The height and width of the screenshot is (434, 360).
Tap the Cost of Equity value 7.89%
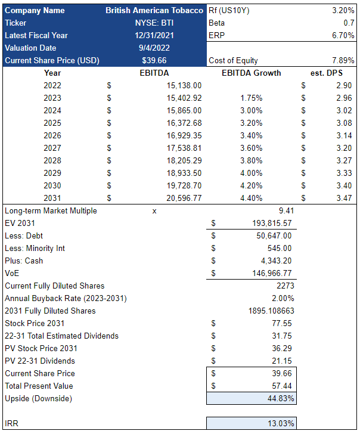click(343, 60)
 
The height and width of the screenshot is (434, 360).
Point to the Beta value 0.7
click(349, 23)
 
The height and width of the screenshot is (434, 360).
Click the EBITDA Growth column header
click(251, 73)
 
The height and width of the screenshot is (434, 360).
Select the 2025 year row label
click(52, 123)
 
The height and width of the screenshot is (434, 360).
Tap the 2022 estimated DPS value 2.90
click(344, 85)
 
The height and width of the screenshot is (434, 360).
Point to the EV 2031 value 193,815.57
click(269, 223)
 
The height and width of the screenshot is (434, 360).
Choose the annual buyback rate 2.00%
click(281, 298)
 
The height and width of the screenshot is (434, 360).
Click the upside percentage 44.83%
click(279, 398)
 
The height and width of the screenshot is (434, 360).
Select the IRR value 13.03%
click(279, 423)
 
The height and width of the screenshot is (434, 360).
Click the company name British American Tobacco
click(154, 10)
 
